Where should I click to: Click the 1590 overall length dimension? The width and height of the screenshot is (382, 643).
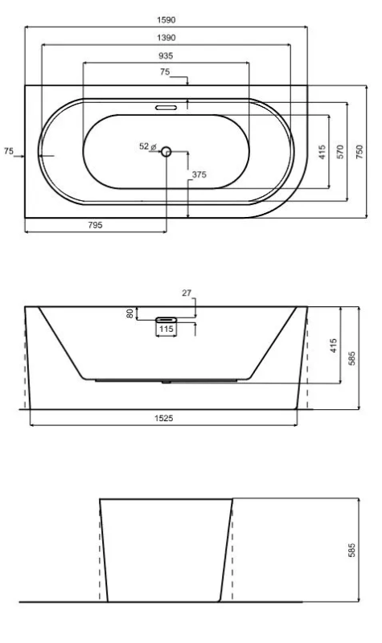(x=166, y=19)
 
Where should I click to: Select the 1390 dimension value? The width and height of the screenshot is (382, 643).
(x=166, y=38)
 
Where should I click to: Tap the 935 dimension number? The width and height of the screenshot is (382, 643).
(x=166, y=55)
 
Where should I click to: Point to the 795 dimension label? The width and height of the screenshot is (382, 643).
(x=95, y=225)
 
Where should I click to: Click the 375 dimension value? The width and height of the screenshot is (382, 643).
(x=199, y=174)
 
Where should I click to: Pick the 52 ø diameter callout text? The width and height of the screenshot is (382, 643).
(x=148, y=146)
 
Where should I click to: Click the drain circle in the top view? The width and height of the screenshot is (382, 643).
(x=166, y=152)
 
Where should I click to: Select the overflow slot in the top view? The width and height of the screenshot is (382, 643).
(x=166, y=108)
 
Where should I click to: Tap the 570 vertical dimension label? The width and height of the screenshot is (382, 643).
(x=339, y=152)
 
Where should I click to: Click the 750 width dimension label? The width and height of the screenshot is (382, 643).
(x=359, y=152)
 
